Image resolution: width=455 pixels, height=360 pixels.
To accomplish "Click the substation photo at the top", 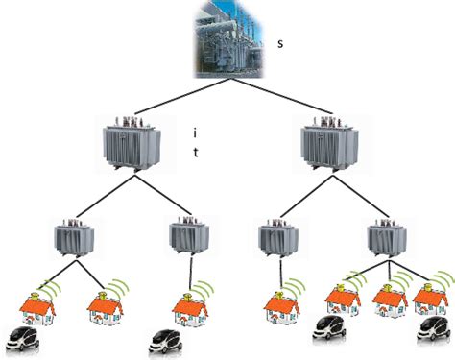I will [x=228, y=38].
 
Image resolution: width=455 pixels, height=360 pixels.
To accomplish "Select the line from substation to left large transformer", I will [x=178, y=102].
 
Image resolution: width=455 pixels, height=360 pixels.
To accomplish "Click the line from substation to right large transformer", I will [x=278, y=102].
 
